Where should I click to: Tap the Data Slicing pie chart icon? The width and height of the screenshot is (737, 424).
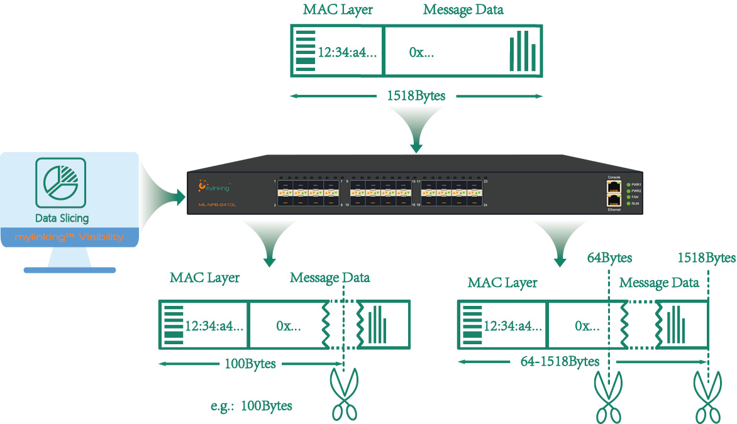click(x=61, y=183)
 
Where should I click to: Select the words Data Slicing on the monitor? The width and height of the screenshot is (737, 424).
click(x=62, y=219)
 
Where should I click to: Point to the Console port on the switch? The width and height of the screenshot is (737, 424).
click(x=614, y=187)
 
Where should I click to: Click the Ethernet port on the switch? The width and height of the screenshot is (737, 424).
click(x=614, y=200)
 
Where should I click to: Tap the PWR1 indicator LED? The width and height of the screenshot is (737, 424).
click(x=628, y=184)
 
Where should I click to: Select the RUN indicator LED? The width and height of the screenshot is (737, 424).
click(x=628, y=204)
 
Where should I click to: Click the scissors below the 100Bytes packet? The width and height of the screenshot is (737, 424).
click(x=344, y=394)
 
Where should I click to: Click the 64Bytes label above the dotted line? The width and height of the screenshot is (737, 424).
click(x=609, y=258)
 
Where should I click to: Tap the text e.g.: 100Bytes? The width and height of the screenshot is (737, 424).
click(x=252, y=406)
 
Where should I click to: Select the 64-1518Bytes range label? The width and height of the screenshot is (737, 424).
click(x=560, y=362)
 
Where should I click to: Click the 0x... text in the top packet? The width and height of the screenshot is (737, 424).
click(x=421, y=53)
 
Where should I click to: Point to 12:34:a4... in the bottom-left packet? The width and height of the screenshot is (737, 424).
click(x=214, y=326)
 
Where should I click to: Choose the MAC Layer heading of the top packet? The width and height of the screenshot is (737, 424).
click(x=337, y=10)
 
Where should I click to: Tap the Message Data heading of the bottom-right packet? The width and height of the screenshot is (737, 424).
click(x=659, y=283)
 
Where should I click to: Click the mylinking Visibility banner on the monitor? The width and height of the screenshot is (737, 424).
click(x=69, y=237)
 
